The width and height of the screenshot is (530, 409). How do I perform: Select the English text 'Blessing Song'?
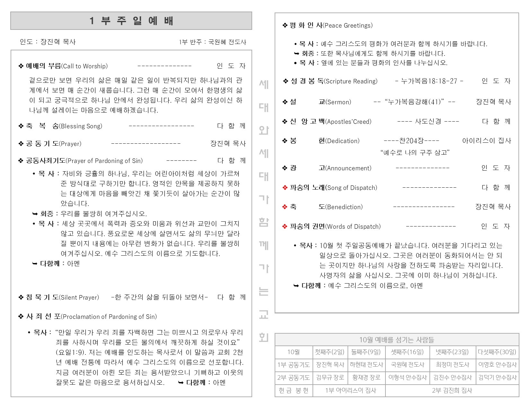pos(81,126)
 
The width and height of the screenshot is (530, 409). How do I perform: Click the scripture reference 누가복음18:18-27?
pos(429,81)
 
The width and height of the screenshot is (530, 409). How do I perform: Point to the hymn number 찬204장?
pos(411,141)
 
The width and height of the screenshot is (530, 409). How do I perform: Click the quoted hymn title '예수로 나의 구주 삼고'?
pos(415,153)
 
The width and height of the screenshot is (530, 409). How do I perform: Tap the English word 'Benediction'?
pos(344,207)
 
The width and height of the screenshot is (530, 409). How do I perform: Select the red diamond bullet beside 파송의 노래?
pos(285,188)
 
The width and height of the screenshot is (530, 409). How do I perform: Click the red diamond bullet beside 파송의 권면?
pos(285,226)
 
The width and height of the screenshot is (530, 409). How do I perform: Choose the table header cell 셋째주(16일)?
pos(407,352)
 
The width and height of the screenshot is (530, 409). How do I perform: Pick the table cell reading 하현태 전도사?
pos(366,365)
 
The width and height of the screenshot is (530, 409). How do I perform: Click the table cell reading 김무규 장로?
pos(330,378)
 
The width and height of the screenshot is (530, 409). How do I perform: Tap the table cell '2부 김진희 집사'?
pos(452,390)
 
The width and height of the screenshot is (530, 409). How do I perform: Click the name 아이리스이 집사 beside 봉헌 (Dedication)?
pos(486,141)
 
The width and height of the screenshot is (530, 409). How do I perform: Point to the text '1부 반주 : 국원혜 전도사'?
pos(212,42)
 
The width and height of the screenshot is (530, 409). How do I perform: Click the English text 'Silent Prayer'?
pos(80,298)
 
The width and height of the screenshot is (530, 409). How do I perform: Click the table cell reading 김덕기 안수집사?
pos(497,378)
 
